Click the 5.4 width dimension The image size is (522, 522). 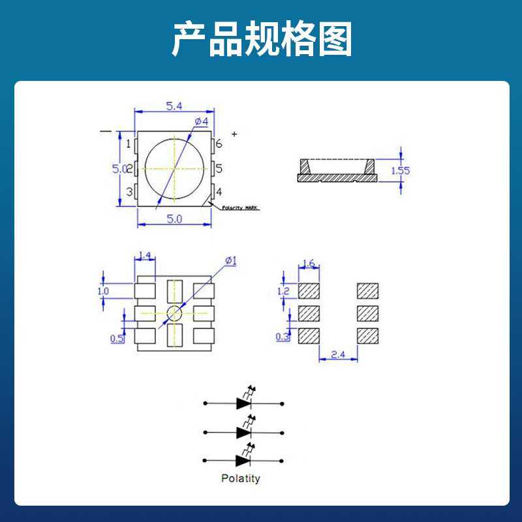point(174,106)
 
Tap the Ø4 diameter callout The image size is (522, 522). point(201,122)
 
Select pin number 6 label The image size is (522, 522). point(219,144)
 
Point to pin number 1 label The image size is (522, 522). point(129,144)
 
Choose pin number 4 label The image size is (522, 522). point(219,192)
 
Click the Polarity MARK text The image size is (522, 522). point(240,207)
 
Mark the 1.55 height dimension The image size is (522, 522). point(400,171)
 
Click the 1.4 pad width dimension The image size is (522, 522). point(145,255)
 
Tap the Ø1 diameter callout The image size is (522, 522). point(230,261)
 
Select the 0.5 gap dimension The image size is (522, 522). point(117,339)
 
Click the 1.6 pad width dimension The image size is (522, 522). point(309,264)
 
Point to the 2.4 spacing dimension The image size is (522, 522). point(338,355)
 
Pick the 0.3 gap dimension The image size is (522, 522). point(283,337)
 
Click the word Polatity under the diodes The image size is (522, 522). point(240,478)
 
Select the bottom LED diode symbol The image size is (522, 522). point(245,460)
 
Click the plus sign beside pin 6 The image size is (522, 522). point(234,134)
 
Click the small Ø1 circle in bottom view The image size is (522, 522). point(174,313)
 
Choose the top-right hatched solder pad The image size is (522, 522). point(368,290)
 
